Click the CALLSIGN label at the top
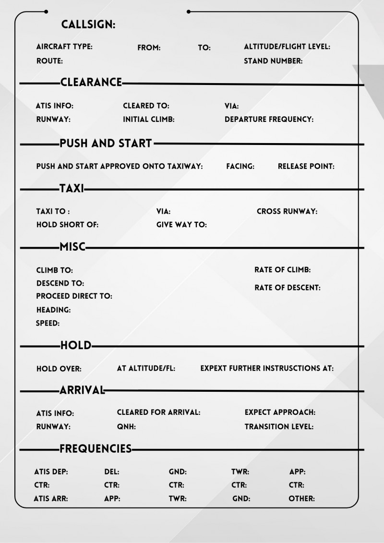88,24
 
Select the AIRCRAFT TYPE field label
64,47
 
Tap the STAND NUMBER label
273,61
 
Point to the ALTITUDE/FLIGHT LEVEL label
287,47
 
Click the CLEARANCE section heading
91,83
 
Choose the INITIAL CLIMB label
149,120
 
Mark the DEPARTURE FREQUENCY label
269,120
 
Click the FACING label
240,167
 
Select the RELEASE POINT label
306,167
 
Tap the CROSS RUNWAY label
287,211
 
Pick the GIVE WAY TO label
181,225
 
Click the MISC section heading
72,247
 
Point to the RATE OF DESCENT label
288,288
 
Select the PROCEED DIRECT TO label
74,296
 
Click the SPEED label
48,324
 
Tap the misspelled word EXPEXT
214,369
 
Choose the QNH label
126,426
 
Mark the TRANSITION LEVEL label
279,426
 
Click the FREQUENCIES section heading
96,449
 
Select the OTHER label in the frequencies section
301,499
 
